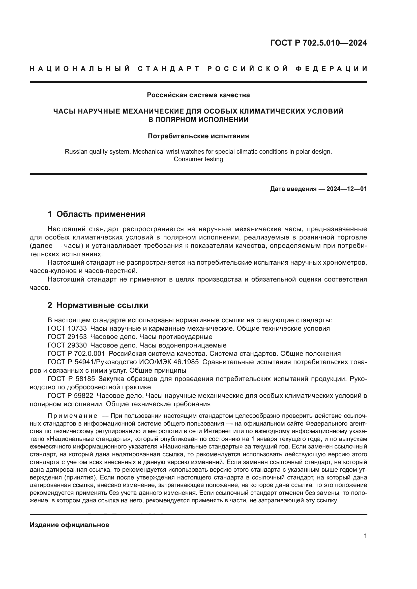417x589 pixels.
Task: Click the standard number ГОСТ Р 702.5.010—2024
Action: (x=318, y=43)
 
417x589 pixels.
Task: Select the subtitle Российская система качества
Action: (x=198, y=95)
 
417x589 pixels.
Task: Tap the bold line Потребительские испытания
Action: (x=198, y=136)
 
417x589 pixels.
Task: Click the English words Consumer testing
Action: (x=198, y=159)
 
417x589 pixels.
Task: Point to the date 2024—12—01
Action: (x=347, y=189)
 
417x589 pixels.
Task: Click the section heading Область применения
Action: (x=101, y=214)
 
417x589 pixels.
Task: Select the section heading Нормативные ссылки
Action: (x=102, y=305)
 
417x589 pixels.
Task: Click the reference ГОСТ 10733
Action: (x=67, y=328)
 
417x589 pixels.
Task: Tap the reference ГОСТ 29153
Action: (x=67, y=337)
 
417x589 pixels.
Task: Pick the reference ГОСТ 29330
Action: (x=67, y=345)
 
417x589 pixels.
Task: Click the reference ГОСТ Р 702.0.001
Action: (x=76, y=354)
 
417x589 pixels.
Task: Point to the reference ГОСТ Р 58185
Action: (x=71, y=379)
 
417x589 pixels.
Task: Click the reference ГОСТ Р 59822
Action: (x=70, y=396)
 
